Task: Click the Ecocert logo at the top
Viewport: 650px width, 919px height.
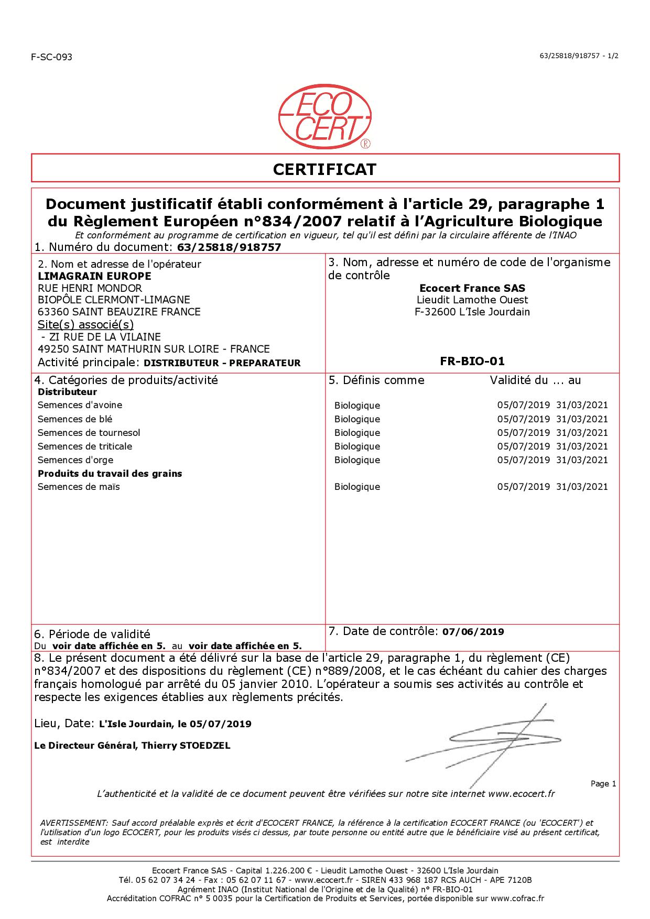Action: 325,117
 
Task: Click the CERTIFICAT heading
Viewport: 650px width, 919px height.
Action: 325,169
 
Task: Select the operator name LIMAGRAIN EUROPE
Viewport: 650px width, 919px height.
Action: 95,276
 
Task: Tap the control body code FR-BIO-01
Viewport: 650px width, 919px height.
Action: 472,361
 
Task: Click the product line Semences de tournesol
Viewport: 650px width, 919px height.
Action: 89,433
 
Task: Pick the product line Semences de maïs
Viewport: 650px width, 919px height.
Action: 79,487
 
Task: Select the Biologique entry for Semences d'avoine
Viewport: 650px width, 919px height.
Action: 357,406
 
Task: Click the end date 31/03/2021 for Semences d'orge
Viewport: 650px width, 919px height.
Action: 582,460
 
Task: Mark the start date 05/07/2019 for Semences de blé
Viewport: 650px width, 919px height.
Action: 523,419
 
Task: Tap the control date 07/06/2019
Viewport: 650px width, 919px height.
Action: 473,632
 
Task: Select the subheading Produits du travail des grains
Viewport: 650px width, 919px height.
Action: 110,474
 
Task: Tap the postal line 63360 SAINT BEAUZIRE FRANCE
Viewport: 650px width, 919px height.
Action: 119,312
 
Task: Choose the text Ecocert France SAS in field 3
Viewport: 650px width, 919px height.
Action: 472,288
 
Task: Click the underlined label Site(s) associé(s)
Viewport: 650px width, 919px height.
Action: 86,324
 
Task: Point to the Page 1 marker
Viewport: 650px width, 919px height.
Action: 603,784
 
